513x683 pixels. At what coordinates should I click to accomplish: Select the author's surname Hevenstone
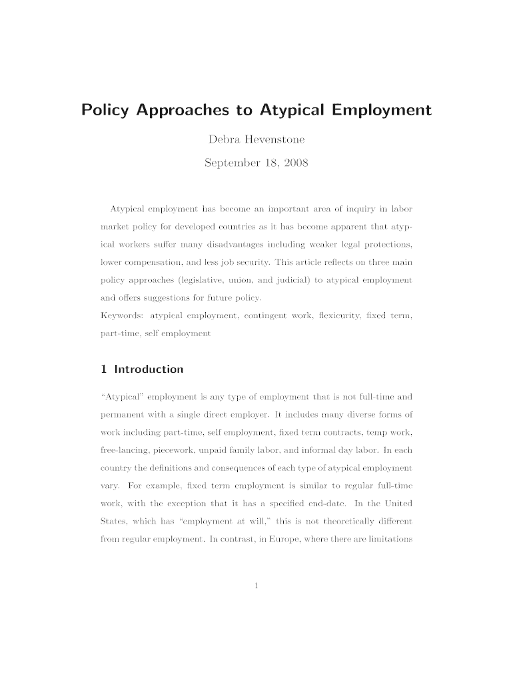[278, 141]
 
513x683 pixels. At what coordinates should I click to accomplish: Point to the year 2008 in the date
[294, 163]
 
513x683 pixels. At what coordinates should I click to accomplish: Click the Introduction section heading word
[149, 369]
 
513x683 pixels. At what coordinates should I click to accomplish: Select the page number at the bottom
[256, 586]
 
